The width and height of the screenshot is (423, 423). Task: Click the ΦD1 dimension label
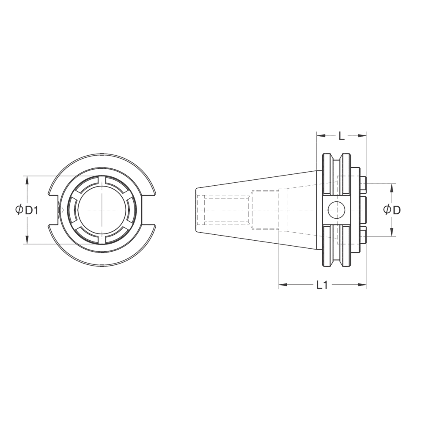coord(26,210)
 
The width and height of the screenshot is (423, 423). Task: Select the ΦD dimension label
coord(392,210)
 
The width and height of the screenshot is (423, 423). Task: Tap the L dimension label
coord(341,136)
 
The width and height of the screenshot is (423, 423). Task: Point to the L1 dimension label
coord(322,285)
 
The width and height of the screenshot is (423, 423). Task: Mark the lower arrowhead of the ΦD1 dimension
coord(26,239)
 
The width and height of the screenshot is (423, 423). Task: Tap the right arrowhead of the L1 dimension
coord(362,284)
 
